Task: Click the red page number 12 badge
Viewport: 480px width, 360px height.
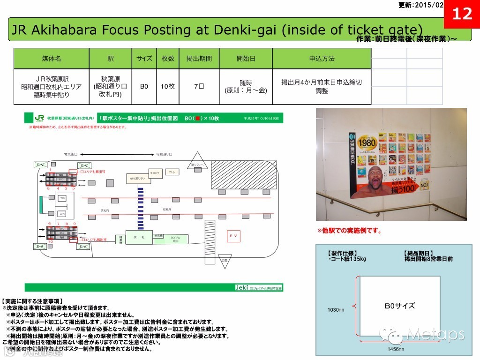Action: (462, 14)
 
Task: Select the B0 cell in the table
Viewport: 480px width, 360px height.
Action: (144, 86)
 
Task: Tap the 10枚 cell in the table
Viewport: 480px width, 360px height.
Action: (168, 86)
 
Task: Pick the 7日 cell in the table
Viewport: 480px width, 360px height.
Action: (199, 86)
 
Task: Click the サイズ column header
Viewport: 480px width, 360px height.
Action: (144, 59)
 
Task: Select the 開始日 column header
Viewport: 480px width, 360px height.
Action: (246, 59)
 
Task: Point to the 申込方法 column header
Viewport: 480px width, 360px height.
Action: (322, 59)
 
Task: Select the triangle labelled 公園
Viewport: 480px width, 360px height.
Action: (225, 262)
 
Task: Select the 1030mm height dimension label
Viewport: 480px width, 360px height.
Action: (335, 310)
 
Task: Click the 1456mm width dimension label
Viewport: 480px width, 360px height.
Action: (395, 349)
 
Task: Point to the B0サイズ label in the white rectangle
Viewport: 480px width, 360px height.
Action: (399, 306)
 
